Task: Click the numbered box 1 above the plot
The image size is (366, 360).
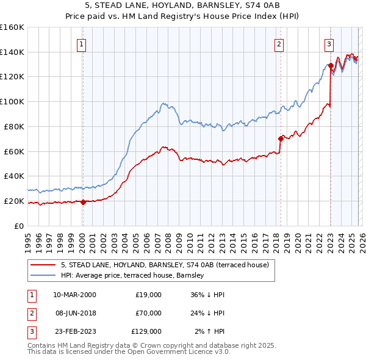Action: pyautogui.click(x=81, y=43)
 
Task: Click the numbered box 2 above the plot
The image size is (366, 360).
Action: pyautogui.click(x=279, y=43)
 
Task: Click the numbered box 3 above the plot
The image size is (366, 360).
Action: pyautogui.click(x=329, y=43)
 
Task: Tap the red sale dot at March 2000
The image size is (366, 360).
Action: pyautogui.click(x=84, y=201)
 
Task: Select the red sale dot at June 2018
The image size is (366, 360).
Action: pyautogui.click(x=281, y=139)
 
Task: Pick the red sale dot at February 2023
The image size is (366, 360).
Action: pyautogui.click(x=331, y=65)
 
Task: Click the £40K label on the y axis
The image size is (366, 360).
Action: pyautogui.click(x=13, y=176)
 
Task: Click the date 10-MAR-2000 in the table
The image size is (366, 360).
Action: pyautogui.click(x=74, y=295)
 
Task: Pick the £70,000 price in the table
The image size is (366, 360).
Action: pyautogui.click(x=148, y=313)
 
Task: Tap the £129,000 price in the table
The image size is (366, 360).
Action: pyautogui.click(x=146, y=331)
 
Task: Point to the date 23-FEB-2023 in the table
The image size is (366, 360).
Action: pyautogui.click(x=74, y=331)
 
